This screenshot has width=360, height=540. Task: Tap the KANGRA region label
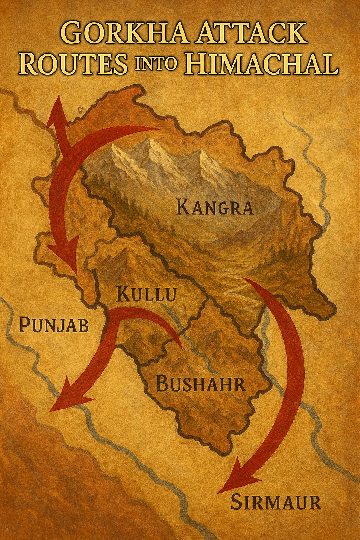(214, 207)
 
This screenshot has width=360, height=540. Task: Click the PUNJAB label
(53, 325)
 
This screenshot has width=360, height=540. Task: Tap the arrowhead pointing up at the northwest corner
(56, 109)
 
